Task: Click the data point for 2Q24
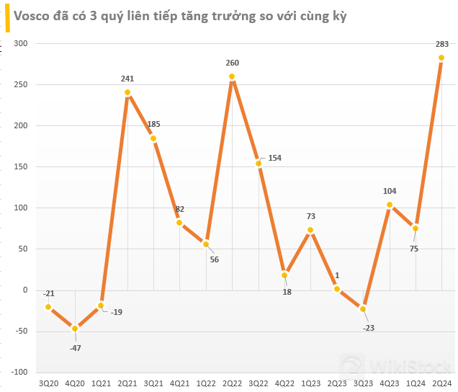[441, 58]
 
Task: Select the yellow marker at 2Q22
[232, 76]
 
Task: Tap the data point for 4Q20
[75, 329]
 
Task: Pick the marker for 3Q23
[363, 309]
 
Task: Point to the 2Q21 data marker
[127, 92]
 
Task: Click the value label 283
[441, 45]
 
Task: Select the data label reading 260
[232, 63]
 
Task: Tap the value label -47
[75, 347]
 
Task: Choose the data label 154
[274, 158]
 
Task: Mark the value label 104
[390, 192]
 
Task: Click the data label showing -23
[368, 328]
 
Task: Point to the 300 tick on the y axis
[20, 43]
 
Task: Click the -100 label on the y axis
[19, 372]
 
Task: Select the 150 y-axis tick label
[20, 166]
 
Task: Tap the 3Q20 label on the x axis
[49, 384]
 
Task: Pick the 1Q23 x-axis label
[310, 384]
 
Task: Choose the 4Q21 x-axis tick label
[180, 384]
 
